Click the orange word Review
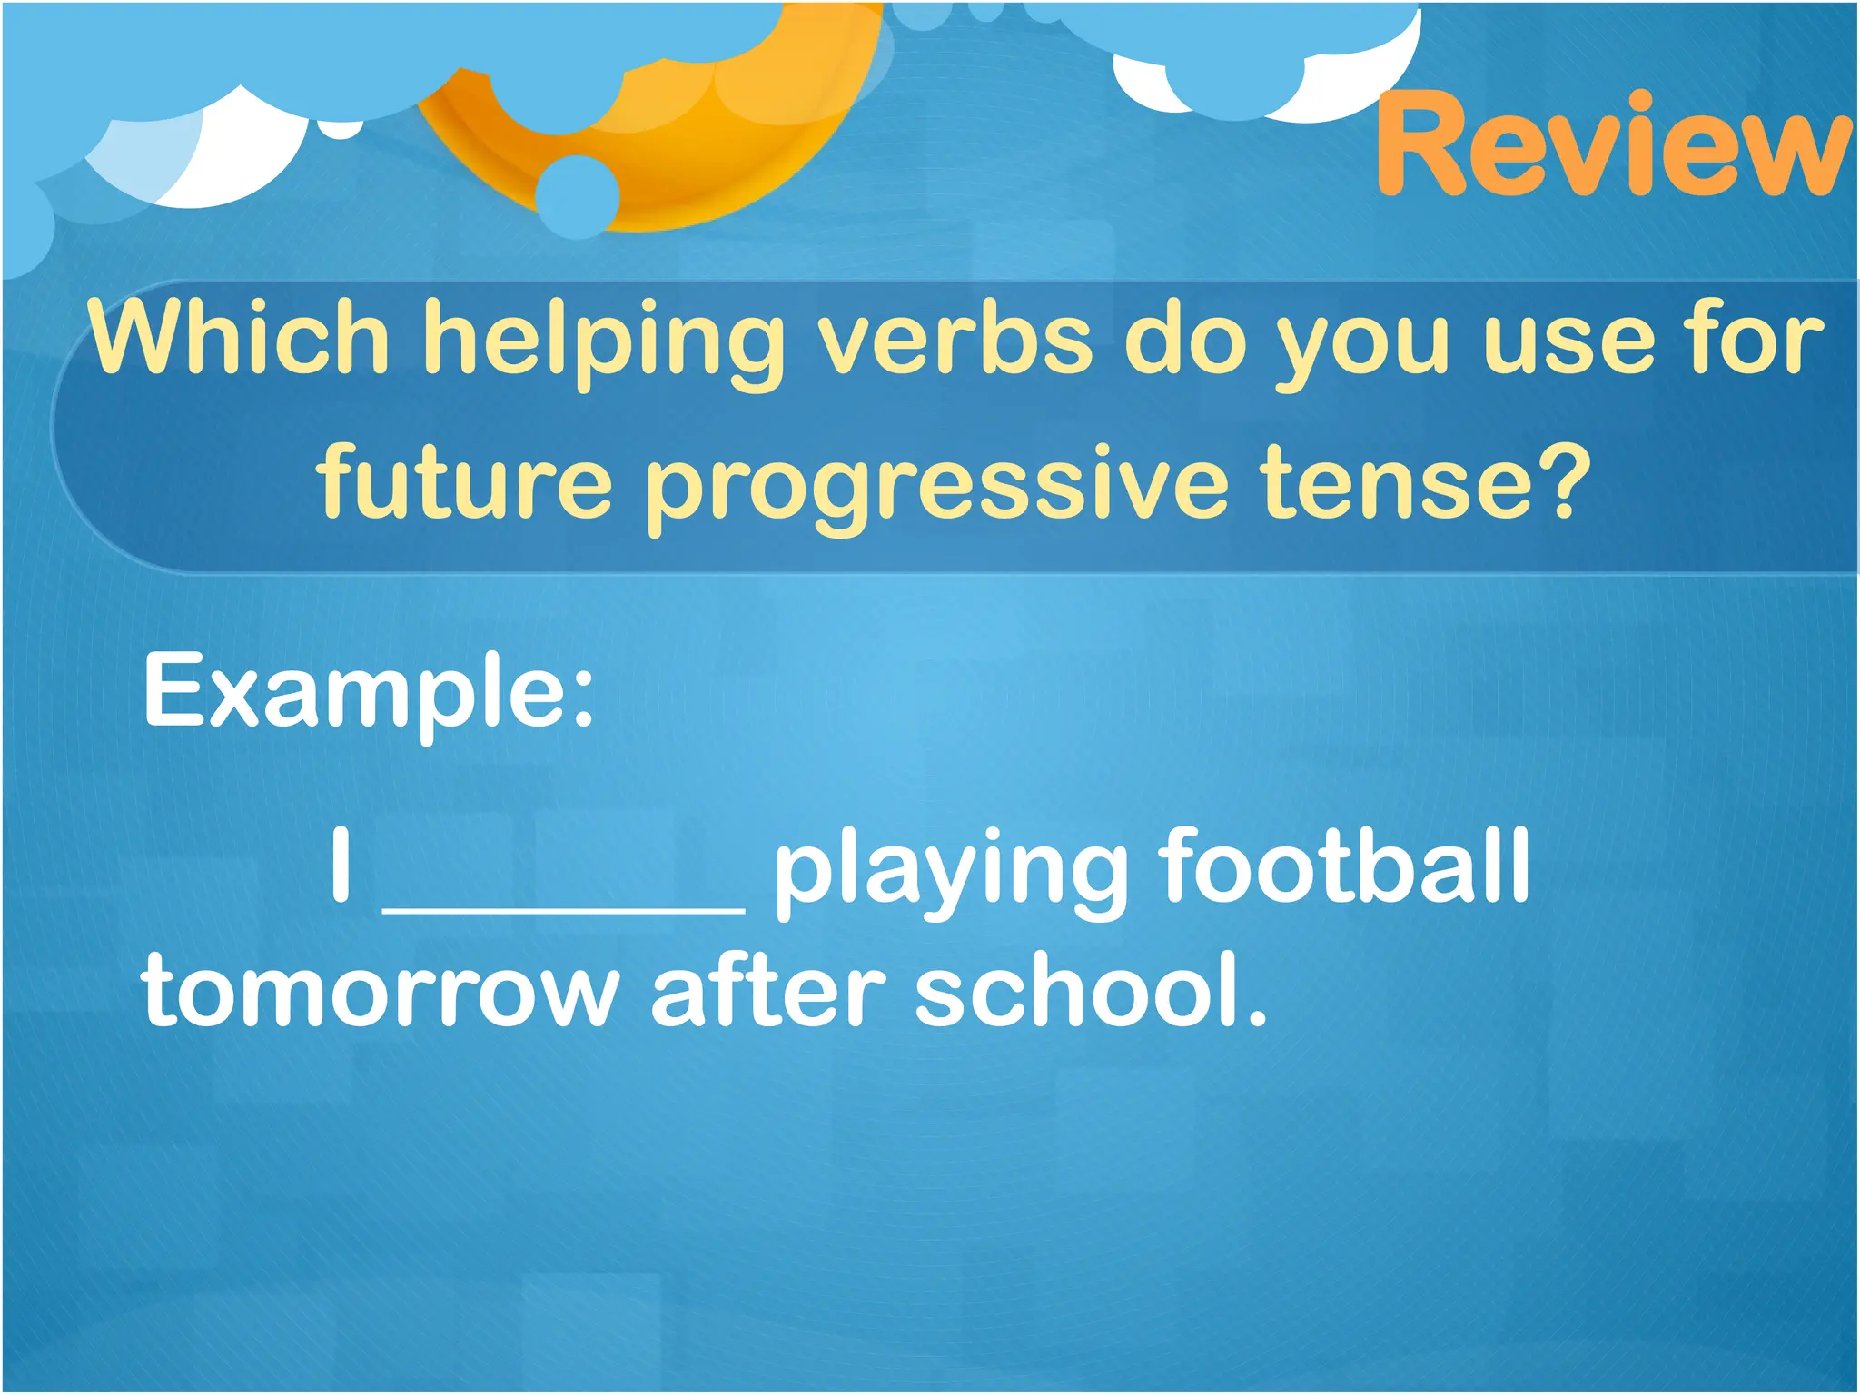click(1612, 145)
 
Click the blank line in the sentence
click(563, 906)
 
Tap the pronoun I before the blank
click(341, 865)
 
